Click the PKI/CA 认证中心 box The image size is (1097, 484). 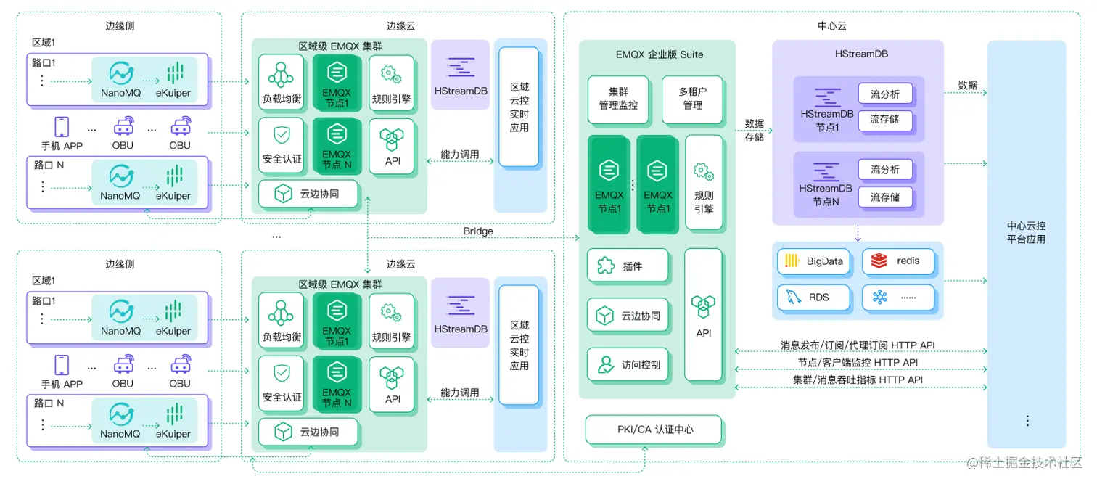pyautogui.click(x=654, y=430)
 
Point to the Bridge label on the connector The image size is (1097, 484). pyautogui.click(x=477, y=231)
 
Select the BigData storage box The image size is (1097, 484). pyautogui.click(x=813, y=261)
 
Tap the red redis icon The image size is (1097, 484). pyautogui.click(x=879, y=261)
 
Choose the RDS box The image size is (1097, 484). pyautogui.click(x=813, y=297)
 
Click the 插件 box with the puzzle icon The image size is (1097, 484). pyautogui.click(x=628, y=266)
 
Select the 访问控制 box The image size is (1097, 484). pyautogui.click(x=628, y=365)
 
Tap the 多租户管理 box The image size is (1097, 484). pyautogui.click(x=692, y=99)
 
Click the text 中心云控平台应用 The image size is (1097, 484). pyautogui.click(x=1026, y=232)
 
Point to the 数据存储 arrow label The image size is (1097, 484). pyautogui.click(x=755, y=130)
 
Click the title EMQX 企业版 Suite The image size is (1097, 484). pyautogui.click(x=659, y=54)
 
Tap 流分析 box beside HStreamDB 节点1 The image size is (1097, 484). pyautogui.click(x=884, y=94)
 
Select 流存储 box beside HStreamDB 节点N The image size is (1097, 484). pyautogui.click(x=884, y=197)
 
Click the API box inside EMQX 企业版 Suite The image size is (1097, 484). pyautogui.click(x=703, y=314)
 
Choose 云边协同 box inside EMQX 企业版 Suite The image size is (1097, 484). pyautogui.click(x=628, y=316)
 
